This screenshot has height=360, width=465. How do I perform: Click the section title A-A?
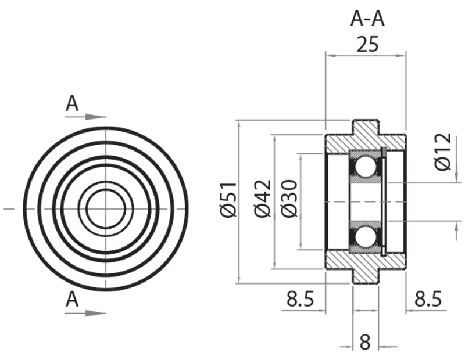(367, 19)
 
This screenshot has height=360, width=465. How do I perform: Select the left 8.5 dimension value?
(300, 300)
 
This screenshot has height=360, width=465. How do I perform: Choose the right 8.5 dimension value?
(427, 300)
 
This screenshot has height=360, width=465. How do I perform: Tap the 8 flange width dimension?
(365, 341)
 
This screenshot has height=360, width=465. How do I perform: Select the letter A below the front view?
(72, 300)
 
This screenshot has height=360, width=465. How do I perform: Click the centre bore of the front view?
(105, 207)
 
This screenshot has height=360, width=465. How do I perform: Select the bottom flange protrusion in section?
(366, 276)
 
